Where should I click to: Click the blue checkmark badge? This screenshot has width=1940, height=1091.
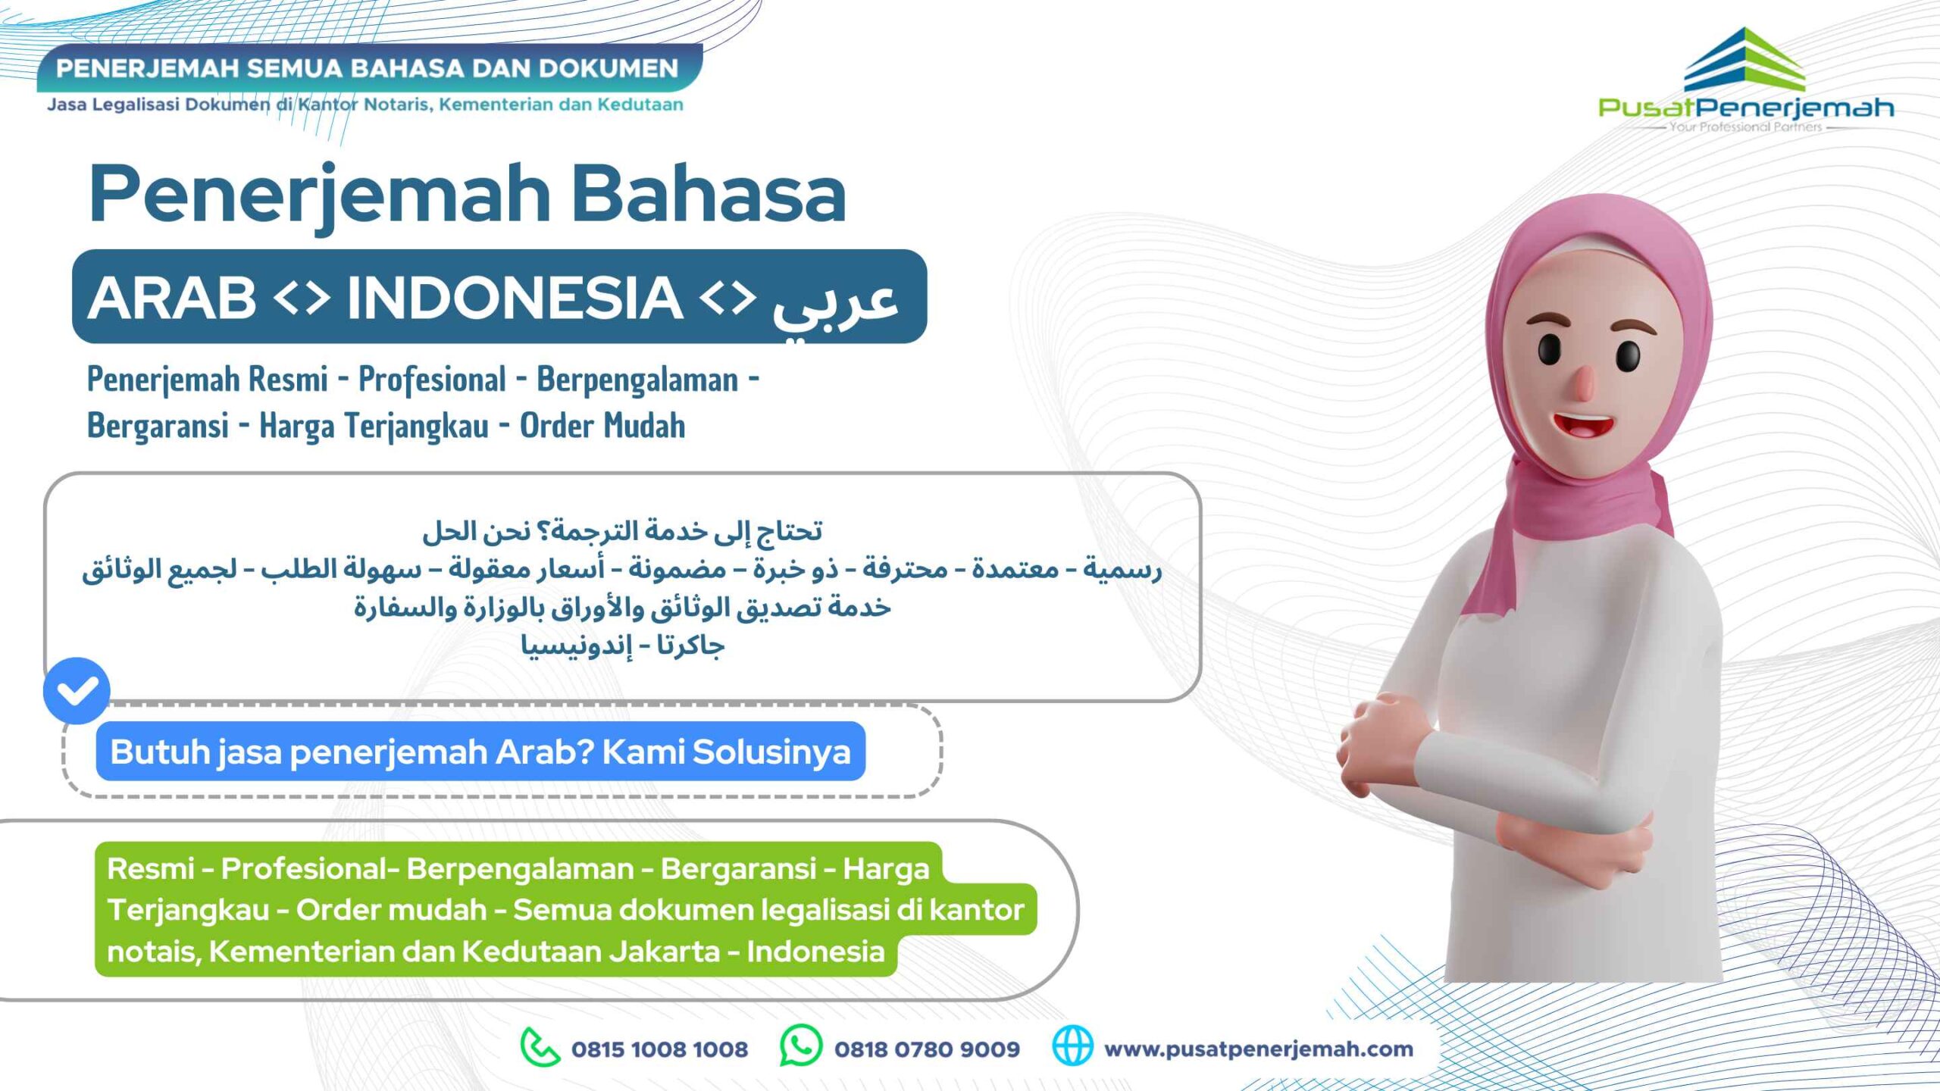[x=77, y=690]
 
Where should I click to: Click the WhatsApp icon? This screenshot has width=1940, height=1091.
[x=801, y=1046]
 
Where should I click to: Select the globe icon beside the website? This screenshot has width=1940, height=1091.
[x=1073, y=1046]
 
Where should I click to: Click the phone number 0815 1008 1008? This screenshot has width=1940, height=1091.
[x=659, y=1049]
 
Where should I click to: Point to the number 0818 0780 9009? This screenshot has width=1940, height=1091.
[x=927, y=1049]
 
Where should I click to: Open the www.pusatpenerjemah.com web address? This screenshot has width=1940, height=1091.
[x=1259, y=1049]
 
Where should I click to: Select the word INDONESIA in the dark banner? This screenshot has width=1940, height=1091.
[x=515, y=297]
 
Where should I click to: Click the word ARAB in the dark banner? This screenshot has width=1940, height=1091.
[x=172, y=297]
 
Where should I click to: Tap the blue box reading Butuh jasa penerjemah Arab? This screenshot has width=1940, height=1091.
[x=480, y=751]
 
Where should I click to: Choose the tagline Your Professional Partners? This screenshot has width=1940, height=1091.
[x=1745, y=127]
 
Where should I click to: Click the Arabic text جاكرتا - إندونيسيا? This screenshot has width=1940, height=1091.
[x=622, y=646]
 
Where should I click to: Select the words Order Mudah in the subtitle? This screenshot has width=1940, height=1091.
[x=602, y=425]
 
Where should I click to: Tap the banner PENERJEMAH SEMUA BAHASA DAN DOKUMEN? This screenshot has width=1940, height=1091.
[x=368, y=68]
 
